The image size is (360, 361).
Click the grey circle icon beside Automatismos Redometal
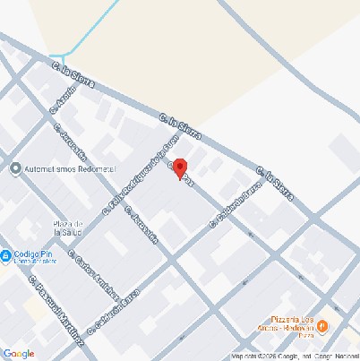[x=15, y=168]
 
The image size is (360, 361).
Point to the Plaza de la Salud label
[x=68, y=228]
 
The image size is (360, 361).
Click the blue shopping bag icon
[x=6, y=255]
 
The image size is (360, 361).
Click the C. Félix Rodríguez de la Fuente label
[x=140, y=172]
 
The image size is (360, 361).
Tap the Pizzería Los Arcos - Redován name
[x=292, y=323]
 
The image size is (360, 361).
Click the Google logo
[x=19, y=354]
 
